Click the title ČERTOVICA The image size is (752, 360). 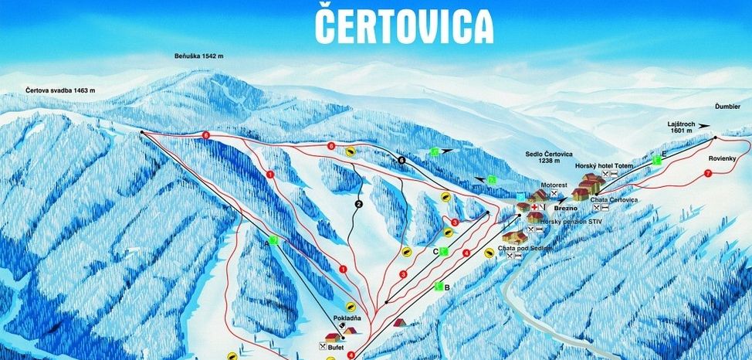click(x=404, y=25)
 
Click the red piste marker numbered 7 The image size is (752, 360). click(x=707, y=175)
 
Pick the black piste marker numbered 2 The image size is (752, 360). click(x=358, y=204)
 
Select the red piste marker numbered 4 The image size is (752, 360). click(x=466, y=253)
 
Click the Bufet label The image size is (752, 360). click(x=334, y=347)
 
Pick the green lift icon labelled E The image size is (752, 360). click(x=657, y=160)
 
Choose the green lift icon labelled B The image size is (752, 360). click(x=438, y=287)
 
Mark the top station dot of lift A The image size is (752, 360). click(x=143, y=133)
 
